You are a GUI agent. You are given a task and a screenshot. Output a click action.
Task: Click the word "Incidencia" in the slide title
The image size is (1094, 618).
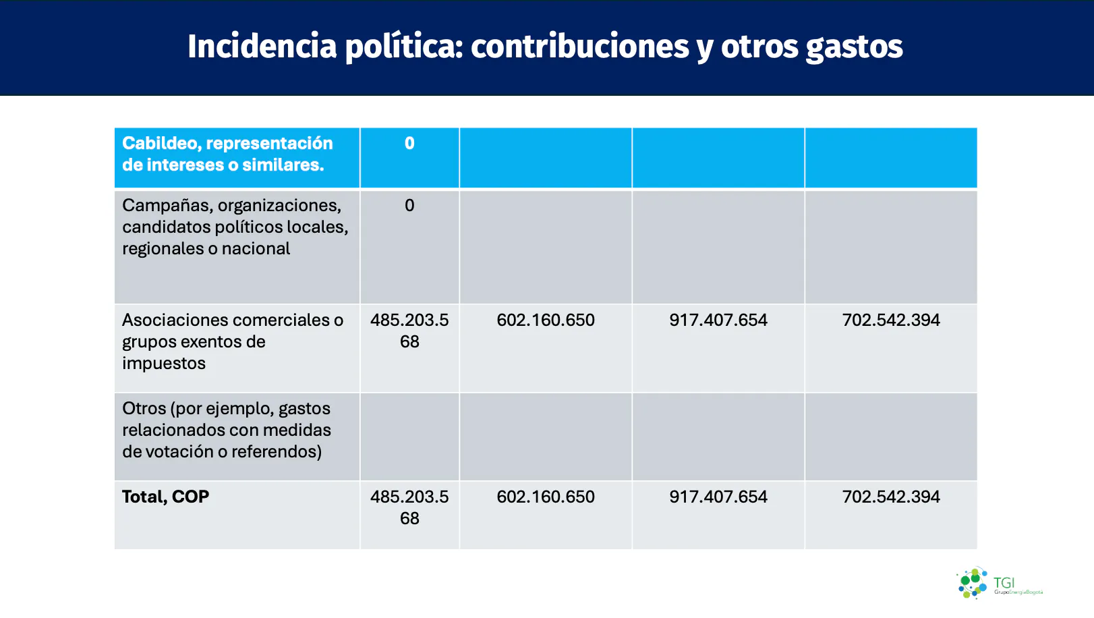262,47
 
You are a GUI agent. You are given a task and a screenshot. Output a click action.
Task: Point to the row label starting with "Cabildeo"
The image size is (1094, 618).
227,154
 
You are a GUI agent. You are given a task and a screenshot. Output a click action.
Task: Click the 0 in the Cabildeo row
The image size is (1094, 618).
409,143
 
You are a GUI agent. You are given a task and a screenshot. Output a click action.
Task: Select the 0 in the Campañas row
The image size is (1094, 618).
409,205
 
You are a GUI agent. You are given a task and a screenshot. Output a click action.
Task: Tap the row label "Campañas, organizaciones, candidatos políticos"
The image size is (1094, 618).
235,227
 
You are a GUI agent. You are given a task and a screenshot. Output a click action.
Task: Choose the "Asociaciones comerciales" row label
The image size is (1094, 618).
232,341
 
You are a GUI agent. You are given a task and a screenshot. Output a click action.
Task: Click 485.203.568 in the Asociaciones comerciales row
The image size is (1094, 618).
409,331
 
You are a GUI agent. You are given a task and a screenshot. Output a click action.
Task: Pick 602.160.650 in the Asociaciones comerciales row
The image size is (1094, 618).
546,320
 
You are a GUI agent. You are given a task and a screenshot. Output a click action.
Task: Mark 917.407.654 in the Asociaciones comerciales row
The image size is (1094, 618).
718,320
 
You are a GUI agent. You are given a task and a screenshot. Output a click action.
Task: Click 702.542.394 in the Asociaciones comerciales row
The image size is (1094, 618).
891,320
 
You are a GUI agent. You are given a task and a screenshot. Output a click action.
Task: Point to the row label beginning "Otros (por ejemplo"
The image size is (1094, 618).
227,430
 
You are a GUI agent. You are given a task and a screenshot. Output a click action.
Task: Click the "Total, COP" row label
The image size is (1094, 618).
165,497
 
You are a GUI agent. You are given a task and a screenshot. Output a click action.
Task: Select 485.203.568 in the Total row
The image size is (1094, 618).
409,507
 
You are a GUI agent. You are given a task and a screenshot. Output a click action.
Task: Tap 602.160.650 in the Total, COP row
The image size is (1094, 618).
546,497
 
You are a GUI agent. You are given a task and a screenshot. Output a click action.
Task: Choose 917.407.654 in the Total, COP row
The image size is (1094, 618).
718,497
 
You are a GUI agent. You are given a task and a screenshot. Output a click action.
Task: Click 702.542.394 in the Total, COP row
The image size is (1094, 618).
891,497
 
